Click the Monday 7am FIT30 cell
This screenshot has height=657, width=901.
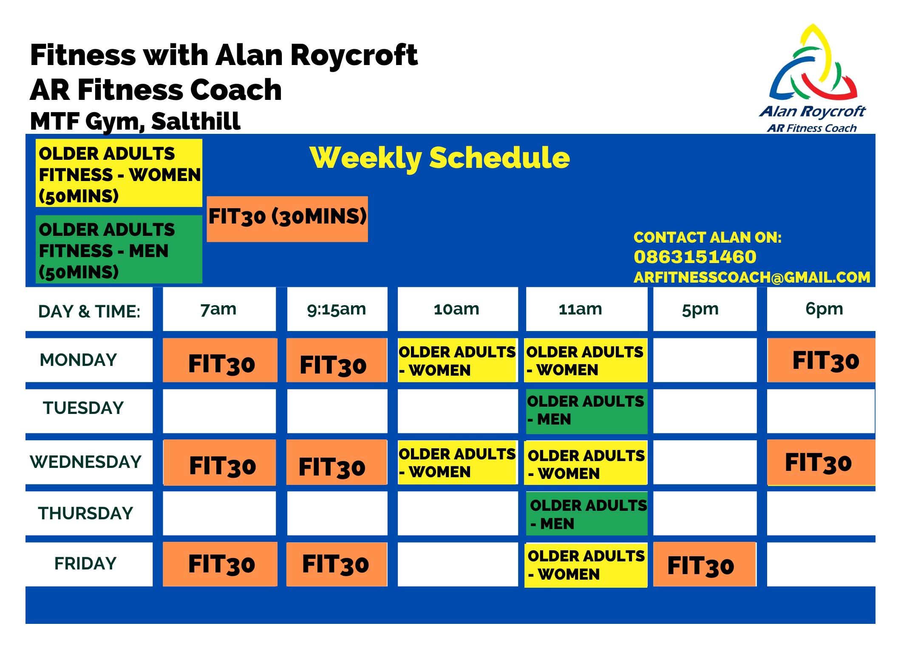[220, 360]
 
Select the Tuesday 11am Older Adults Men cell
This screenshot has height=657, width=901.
[586, 411]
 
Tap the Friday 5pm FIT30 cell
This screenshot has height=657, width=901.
[705, 564]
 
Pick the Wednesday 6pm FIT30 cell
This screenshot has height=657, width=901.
[821, 462]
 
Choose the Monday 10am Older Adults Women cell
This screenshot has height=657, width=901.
[458, 360]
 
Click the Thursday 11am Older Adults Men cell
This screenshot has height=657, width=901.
[586, 513]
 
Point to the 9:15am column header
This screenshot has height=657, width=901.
[337, 309]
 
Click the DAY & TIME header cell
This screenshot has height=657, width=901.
[89, 309]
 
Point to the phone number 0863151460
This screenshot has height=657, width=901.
[695, 257]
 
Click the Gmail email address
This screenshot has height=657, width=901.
[752, 277]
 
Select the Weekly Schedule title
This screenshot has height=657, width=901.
[440, 158]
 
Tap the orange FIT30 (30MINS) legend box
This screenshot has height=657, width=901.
[287, 219]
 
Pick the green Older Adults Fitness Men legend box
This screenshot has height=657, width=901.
[119, 249]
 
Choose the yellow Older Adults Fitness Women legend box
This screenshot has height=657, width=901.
[119, 173]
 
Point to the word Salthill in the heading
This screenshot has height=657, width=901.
[196, 121]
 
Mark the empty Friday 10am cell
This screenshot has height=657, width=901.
[458, 564]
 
